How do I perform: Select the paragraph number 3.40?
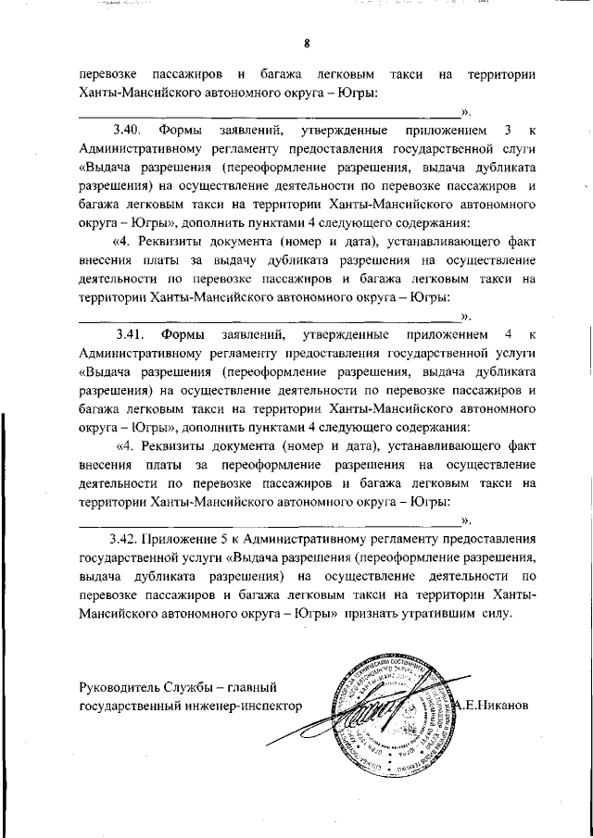[126, 130]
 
